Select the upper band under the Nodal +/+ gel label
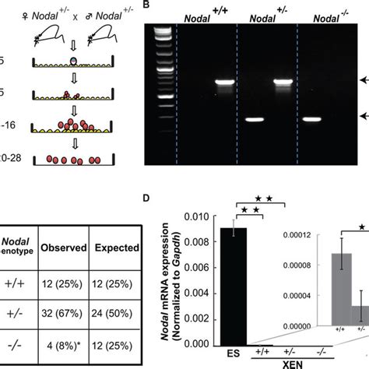[224, 81]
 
